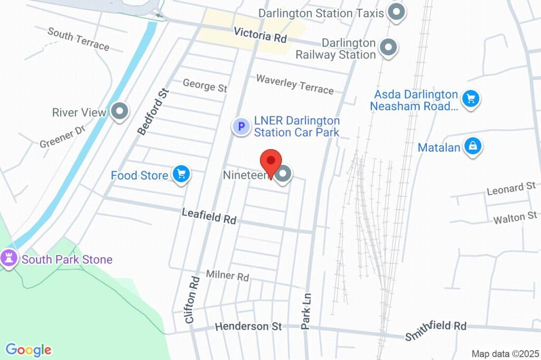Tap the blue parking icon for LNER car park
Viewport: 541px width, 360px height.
(x=241, y=126)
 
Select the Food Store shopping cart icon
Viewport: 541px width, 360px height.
(x=181, y=174)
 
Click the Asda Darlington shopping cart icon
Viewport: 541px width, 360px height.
(x=470, y=99)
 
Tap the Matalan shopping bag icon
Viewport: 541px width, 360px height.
(x=473, y=146)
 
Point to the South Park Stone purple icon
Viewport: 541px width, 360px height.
(x=9, y=259)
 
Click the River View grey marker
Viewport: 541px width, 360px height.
(x=120, y=111)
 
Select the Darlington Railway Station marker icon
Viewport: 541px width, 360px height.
(x=389, y=48)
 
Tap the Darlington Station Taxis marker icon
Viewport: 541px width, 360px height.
(x=396, y=12)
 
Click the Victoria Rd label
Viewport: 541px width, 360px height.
(x=260, y=35)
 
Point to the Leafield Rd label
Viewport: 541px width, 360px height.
(x=209, y=215)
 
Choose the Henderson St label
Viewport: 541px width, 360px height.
(x=248, y=327)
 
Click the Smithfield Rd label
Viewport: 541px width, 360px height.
(x=436, y=329)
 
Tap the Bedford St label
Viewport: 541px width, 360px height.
(x=153, y=112)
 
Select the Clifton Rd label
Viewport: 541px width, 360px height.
(x=191, y=299)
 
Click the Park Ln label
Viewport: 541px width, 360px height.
(x=306, y=311)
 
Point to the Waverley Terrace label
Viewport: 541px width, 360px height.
(x=295, y=84)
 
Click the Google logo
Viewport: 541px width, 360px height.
(x=28, y=349)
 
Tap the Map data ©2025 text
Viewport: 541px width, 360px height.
(x=505, y=354)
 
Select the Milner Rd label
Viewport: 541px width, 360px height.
(x=227, y=275)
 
